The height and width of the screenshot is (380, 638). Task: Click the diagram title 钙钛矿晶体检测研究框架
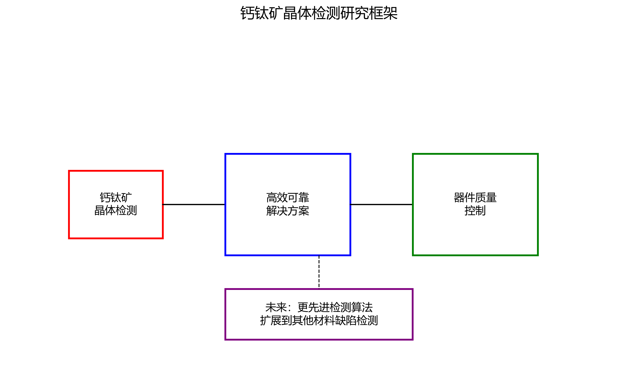(x=319, y=13)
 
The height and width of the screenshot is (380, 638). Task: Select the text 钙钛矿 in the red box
(x=116, y=197)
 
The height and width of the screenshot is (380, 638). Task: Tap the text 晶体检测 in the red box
(x=116, y=210)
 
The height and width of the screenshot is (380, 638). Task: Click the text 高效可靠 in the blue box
(x=288, y=197)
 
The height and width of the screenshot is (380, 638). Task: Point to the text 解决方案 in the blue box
(x=288, y=211)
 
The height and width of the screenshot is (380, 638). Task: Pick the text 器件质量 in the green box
(x=475, y=197)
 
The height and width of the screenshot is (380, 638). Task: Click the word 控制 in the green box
(x=475, y=210)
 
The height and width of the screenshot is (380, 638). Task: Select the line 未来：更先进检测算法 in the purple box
(x=319, y=307)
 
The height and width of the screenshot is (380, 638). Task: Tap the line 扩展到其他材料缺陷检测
(x=319, y=320)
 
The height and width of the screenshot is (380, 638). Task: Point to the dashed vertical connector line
(x=319, y=272)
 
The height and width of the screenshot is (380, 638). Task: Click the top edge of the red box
(x=116, y=171)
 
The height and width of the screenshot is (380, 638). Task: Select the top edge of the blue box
(x=288, y=154)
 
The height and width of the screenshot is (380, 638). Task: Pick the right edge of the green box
(x=538, y=205)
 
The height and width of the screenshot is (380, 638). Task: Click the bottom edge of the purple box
(x=319, y=339)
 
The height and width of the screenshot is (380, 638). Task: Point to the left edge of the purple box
(x=225, y=314)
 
